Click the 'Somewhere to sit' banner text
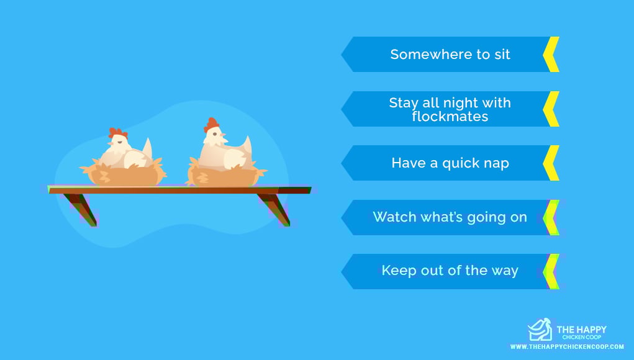tap(450, 55)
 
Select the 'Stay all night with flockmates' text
tap(450, 109)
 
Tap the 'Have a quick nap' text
tap(450, 163)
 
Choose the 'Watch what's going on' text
tap(450, 217)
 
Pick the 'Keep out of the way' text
tap(450, 270)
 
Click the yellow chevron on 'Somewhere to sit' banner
tap(551, 55)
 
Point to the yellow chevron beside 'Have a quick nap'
tap(551, 163)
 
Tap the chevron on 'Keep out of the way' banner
tap(551, 271)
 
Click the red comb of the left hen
tap(117, 133)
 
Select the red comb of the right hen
tap(211, 124)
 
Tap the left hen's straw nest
tap(124, 173)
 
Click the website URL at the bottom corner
tap(567, 347)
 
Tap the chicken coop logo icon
tap(540, 330)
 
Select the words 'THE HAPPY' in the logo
tap(581, 330)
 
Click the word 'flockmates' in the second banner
tap(450, 116)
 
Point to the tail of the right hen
tap(246, 146)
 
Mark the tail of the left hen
tap(147, 148)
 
